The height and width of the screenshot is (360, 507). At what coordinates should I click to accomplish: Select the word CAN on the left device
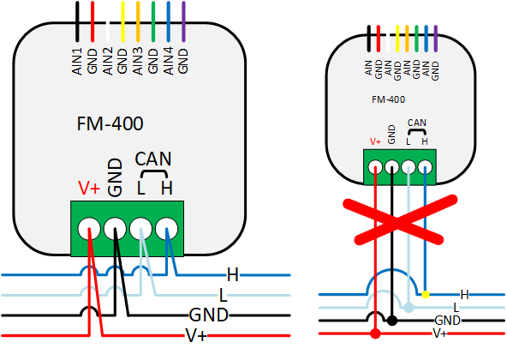pyautogui.click(x=153, y=159)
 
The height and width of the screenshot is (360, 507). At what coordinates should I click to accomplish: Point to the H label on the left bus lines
pyautogui.click(x=232, y=275)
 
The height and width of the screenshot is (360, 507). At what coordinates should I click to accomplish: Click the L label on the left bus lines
pyautogui.click(x=223, y=295)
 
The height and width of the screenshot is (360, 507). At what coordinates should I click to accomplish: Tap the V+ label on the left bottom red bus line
pyautogui.click(x=196, y=334)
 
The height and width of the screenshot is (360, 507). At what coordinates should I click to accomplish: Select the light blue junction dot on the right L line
pyautogui.click(x=409, y=307)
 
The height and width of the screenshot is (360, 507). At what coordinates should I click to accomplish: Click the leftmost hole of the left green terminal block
pyautogui.click(x=88, y=229)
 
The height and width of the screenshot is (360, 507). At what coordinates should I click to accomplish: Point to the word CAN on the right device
pyautogui.click(x=416, y=123)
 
